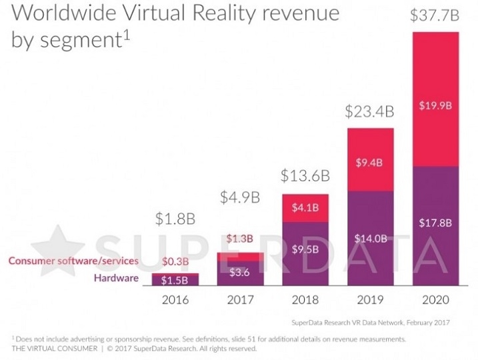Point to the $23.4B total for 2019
371,112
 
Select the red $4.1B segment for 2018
305,207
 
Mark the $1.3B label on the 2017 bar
240,239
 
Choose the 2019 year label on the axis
371,299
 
